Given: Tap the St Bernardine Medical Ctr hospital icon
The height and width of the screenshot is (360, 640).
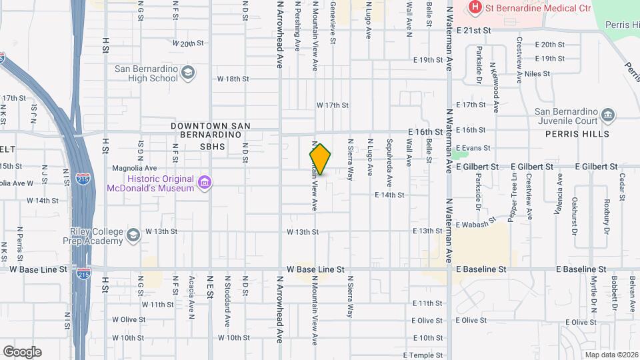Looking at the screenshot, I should click(475, 8).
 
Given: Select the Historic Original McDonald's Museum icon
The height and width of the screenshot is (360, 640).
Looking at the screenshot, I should click(205, 183).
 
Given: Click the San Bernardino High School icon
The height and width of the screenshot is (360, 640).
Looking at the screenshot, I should click(188, 73).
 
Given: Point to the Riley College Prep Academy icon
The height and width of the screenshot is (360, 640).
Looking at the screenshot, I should click(133, 235).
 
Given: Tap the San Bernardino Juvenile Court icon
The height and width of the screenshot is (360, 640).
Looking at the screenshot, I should click(607, 115).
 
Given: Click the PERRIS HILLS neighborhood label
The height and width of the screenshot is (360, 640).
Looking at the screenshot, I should click(585, 134).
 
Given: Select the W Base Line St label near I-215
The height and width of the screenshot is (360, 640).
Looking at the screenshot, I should click(39, 269).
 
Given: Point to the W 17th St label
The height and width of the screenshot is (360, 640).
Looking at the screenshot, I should click(333, 105).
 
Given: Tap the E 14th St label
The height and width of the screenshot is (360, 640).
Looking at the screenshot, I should click(390, 195).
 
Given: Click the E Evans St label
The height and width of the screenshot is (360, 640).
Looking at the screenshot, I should click(473, 148).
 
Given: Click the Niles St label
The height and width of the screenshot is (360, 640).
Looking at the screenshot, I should click(539, 73).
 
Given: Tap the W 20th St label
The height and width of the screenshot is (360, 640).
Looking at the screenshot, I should click(187, 43).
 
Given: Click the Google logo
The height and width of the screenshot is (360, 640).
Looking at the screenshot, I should click(23, 352).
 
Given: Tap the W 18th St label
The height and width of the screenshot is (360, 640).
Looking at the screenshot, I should click(233, 79).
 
